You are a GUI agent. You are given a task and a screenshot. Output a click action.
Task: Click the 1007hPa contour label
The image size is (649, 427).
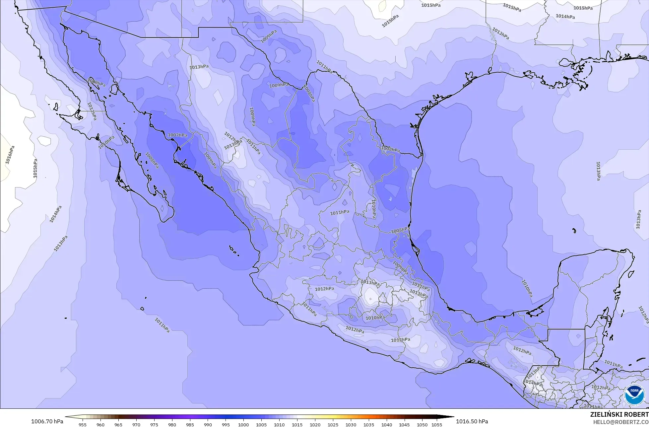177,135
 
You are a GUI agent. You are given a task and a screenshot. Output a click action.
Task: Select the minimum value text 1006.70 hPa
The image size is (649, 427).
46,421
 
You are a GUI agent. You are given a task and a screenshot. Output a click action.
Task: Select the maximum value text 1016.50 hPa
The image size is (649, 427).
472,421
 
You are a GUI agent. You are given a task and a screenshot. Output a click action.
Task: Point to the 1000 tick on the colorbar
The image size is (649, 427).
243,424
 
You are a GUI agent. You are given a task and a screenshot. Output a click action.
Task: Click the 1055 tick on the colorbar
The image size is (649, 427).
437,424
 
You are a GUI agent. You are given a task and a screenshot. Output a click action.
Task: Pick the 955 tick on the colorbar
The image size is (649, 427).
83,424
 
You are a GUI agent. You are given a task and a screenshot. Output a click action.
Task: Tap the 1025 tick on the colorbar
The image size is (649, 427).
333,424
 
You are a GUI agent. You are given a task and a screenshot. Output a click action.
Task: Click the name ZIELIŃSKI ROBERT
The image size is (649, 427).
619,414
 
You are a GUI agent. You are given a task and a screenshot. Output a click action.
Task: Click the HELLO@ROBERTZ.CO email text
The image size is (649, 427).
621,422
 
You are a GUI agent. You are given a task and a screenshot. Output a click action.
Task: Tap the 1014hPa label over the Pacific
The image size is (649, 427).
56,214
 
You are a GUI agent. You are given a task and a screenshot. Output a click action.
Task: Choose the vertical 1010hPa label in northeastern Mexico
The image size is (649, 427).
374,208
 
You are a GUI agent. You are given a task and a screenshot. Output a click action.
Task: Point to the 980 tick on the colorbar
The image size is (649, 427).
172,424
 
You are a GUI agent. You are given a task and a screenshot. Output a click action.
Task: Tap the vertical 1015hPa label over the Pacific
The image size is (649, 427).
35,168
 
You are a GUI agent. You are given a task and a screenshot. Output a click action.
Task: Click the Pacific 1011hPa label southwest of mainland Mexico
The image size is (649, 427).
162,325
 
